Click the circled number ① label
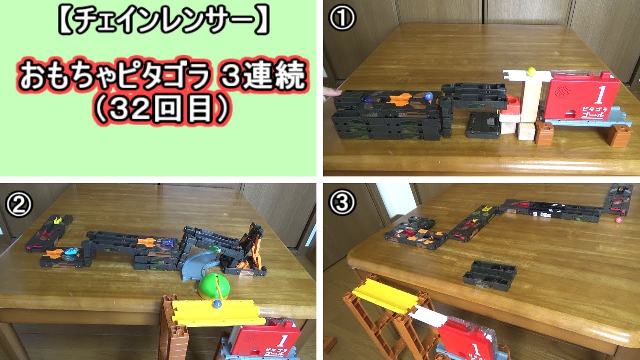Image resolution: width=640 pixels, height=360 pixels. click(x=342, y=19)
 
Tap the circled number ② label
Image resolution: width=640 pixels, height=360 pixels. click(x=18, y=203)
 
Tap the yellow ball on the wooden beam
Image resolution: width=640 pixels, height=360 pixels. click(x=531, y=71)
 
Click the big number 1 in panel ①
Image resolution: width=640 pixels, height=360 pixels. click(x=601, y=94)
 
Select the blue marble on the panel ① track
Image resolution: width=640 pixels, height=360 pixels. click(x=428, y=95)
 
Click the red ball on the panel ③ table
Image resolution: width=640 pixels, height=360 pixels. click(x=618, y=219)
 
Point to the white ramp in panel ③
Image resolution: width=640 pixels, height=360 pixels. click(x=424, y=316)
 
